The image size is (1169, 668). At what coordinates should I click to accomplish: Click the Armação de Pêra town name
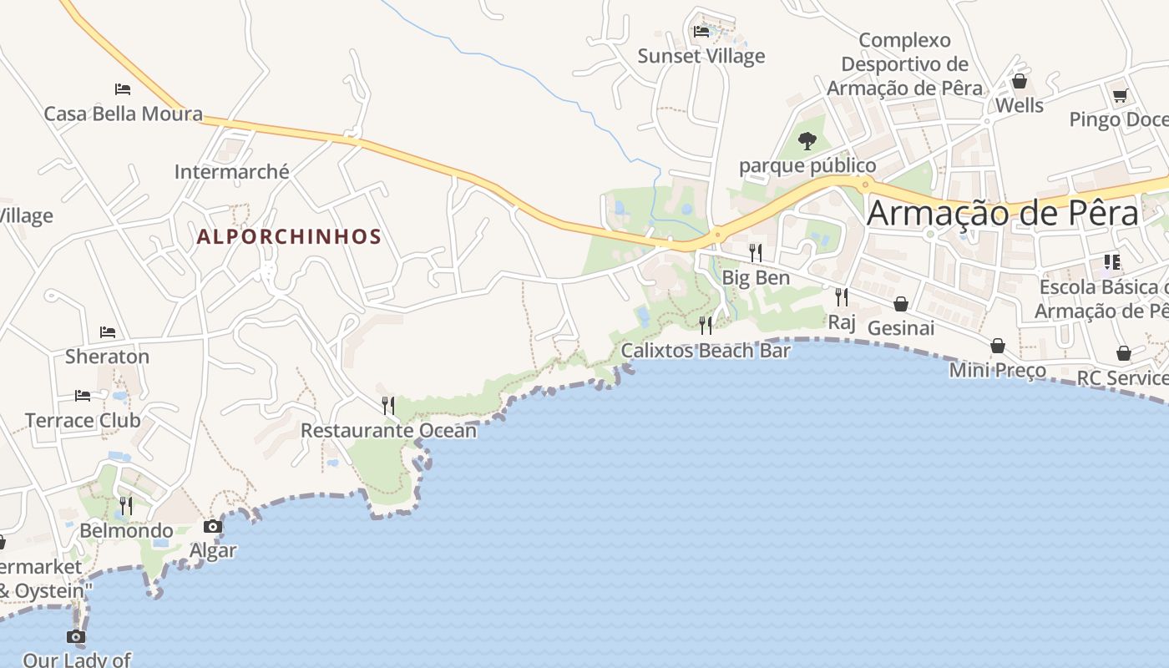[1002, 214]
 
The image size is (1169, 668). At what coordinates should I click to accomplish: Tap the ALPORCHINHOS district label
[289, 236]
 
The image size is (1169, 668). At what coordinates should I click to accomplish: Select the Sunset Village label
[701, 56]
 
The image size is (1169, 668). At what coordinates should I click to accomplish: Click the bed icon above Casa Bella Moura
[123, 89]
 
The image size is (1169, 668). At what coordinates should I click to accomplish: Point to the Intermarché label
[231, 172]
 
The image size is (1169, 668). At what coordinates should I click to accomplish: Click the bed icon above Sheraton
[108, 332]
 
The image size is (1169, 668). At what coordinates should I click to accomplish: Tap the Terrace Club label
[83, 420]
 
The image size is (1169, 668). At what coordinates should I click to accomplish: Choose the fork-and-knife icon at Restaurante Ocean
[388, 406]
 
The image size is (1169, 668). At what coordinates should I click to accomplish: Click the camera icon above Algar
[213, 526]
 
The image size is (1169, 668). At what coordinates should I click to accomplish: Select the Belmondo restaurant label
[126, 531]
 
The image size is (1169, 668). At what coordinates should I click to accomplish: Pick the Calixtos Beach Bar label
[706, 351]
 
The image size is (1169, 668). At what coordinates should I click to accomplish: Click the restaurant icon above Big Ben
[756, 252]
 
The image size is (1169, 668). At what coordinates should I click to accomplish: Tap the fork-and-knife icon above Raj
[842, 296]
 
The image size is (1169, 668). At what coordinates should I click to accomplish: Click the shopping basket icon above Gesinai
[901, 304]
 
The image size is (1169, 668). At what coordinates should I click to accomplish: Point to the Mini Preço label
[997, 370]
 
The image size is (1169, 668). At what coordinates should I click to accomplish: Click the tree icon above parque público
[807, 140]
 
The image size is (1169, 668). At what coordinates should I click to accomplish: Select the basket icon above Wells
[1019, 82]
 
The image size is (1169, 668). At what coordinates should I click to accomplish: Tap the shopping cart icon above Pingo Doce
[1120, 95]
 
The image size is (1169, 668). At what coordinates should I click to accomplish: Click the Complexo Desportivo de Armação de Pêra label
[904, 64]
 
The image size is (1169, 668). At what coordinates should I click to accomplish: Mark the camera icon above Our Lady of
[76, 636]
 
